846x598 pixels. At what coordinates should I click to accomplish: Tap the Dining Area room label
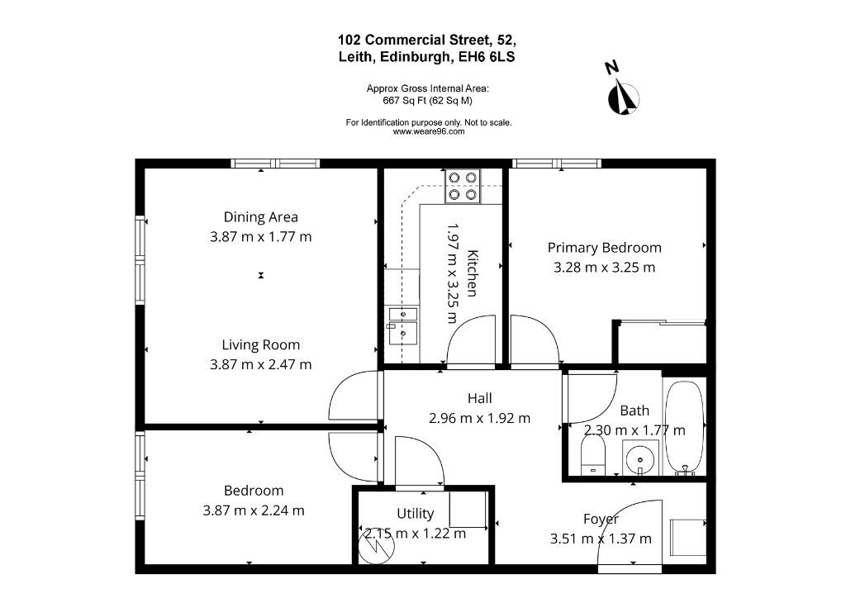260,216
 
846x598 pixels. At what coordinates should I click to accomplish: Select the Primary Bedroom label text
604,248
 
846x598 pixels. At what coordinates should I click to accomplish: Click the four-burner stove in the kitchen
463,186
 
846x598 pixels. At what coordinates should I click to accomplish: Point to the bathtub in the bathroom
684,429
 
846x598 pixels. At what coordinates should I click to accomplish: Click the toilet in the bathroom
593,454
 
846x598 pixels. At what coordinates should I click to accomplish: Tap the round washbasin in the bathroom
640,459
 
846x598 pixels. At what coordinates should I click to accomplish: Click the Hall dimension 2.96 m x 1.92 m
480,418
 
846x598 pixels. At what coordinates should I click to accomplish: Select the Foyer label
601,519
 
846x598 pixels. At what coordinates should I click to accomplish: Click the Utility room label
415,514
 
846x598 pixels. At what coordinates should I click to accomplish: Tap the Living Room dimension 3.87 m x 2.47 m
260,364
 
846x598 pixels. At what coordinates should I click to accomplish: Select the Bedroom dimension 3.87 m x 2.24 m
254,510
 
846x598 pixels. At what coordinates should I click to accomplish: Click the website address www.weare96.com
429,131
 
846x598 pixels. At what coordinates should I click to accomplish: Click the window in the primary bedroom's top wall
556,164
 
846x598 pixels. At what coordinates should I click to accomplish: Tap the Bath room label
634,411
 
